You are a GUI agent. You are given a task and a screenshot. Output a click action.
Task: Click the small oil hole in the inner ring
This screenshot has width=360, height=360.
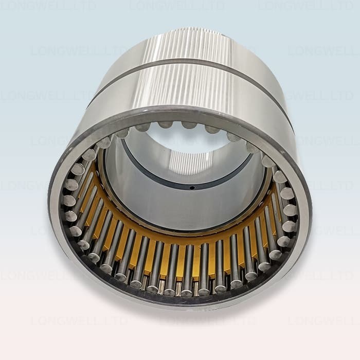coord(191,188)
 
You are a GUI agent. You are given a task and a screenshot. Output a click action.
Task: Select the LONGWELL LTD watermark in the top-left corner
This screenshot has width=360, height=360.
coord(49,6)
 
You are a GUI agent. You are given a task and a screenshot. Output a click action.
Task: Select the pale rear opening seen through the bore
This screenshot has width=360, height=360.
coord(180,139)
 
